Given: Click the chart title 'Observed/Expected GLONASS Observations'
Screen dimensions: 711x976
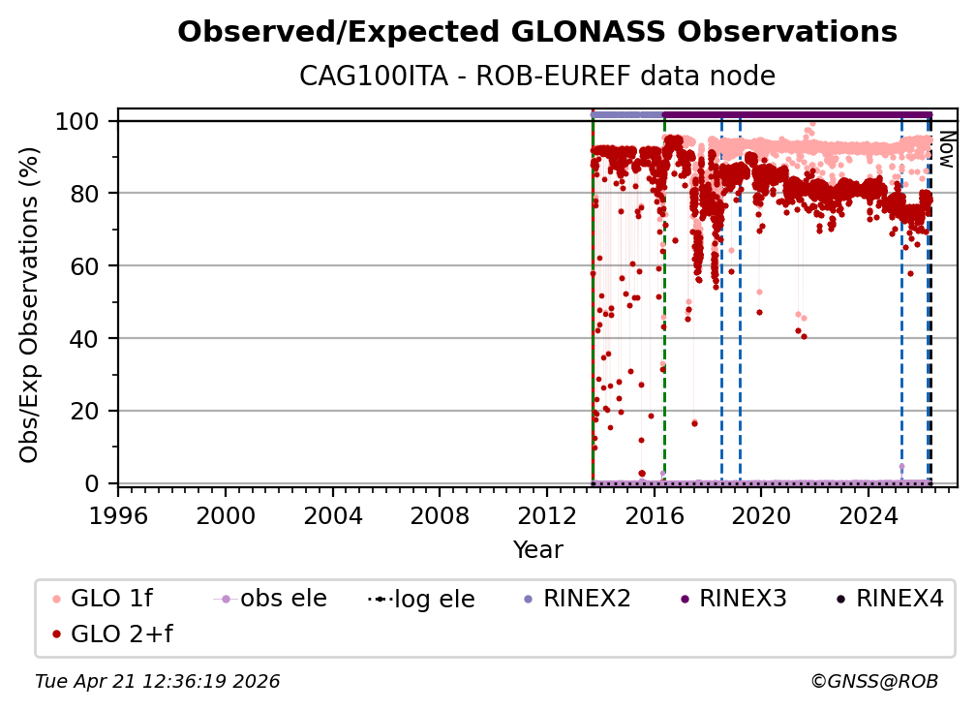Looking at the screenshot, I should [x=537, y=32].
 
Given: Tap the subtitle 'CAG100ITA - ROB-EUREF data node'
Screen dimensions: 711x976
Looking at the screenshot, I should [x=537, y=76].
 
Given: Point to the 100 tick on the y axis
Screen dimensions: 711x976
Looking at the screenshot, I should [x=81, y=121].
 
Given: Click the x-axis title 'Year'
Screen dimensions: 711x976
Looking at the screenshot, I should [x=537, y=550].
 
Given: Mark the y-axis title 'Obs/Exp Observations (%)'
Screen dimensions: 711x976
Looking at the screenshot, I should [x=30, y=304].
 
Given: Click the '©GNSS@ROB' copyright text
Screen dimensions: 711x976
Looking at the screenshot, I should [x=873, y=682].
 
